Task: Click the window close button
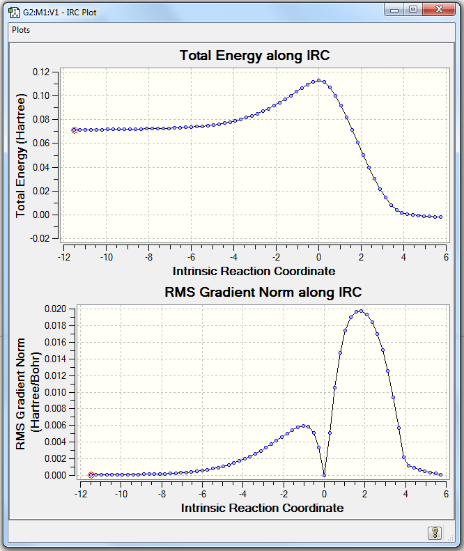coord(439,10)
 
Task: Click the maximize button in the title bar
coord(413,10)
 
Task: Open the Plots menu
coord(21,30)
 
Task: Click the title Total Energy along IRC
coord(254,56)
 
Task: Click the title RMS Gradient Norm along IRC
coord(263,292)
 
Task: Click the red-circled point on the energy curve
coord(75,130)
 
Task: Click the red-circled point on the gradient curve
coord(91,475)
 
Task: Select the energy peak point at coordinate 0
coord(318,81)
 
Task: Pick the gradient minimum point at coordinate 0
coord(325,475)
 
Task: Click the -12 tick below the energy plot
coord(64,256)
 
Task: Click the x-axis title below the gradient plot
coord(263,508)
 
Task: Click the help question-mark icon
coord(434,533)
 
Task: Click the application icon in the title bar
coord(13,10)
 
